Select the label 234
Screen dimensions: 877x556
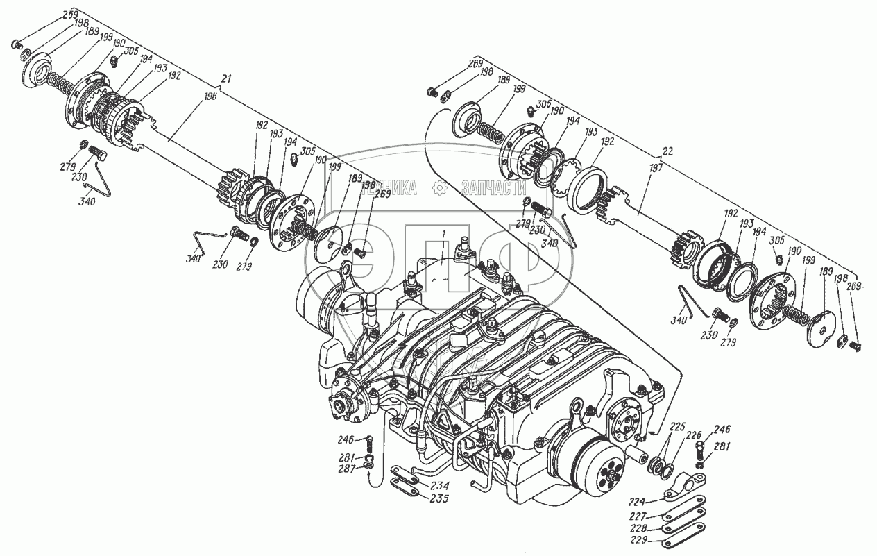[x=438, y=485]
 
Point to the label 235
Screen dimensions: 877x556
[x=438, y=498]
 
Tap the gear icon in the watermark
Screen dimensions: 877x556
[x=438, y=187]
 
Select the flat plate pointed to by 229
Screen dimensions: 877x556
[x=683, y=537]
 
